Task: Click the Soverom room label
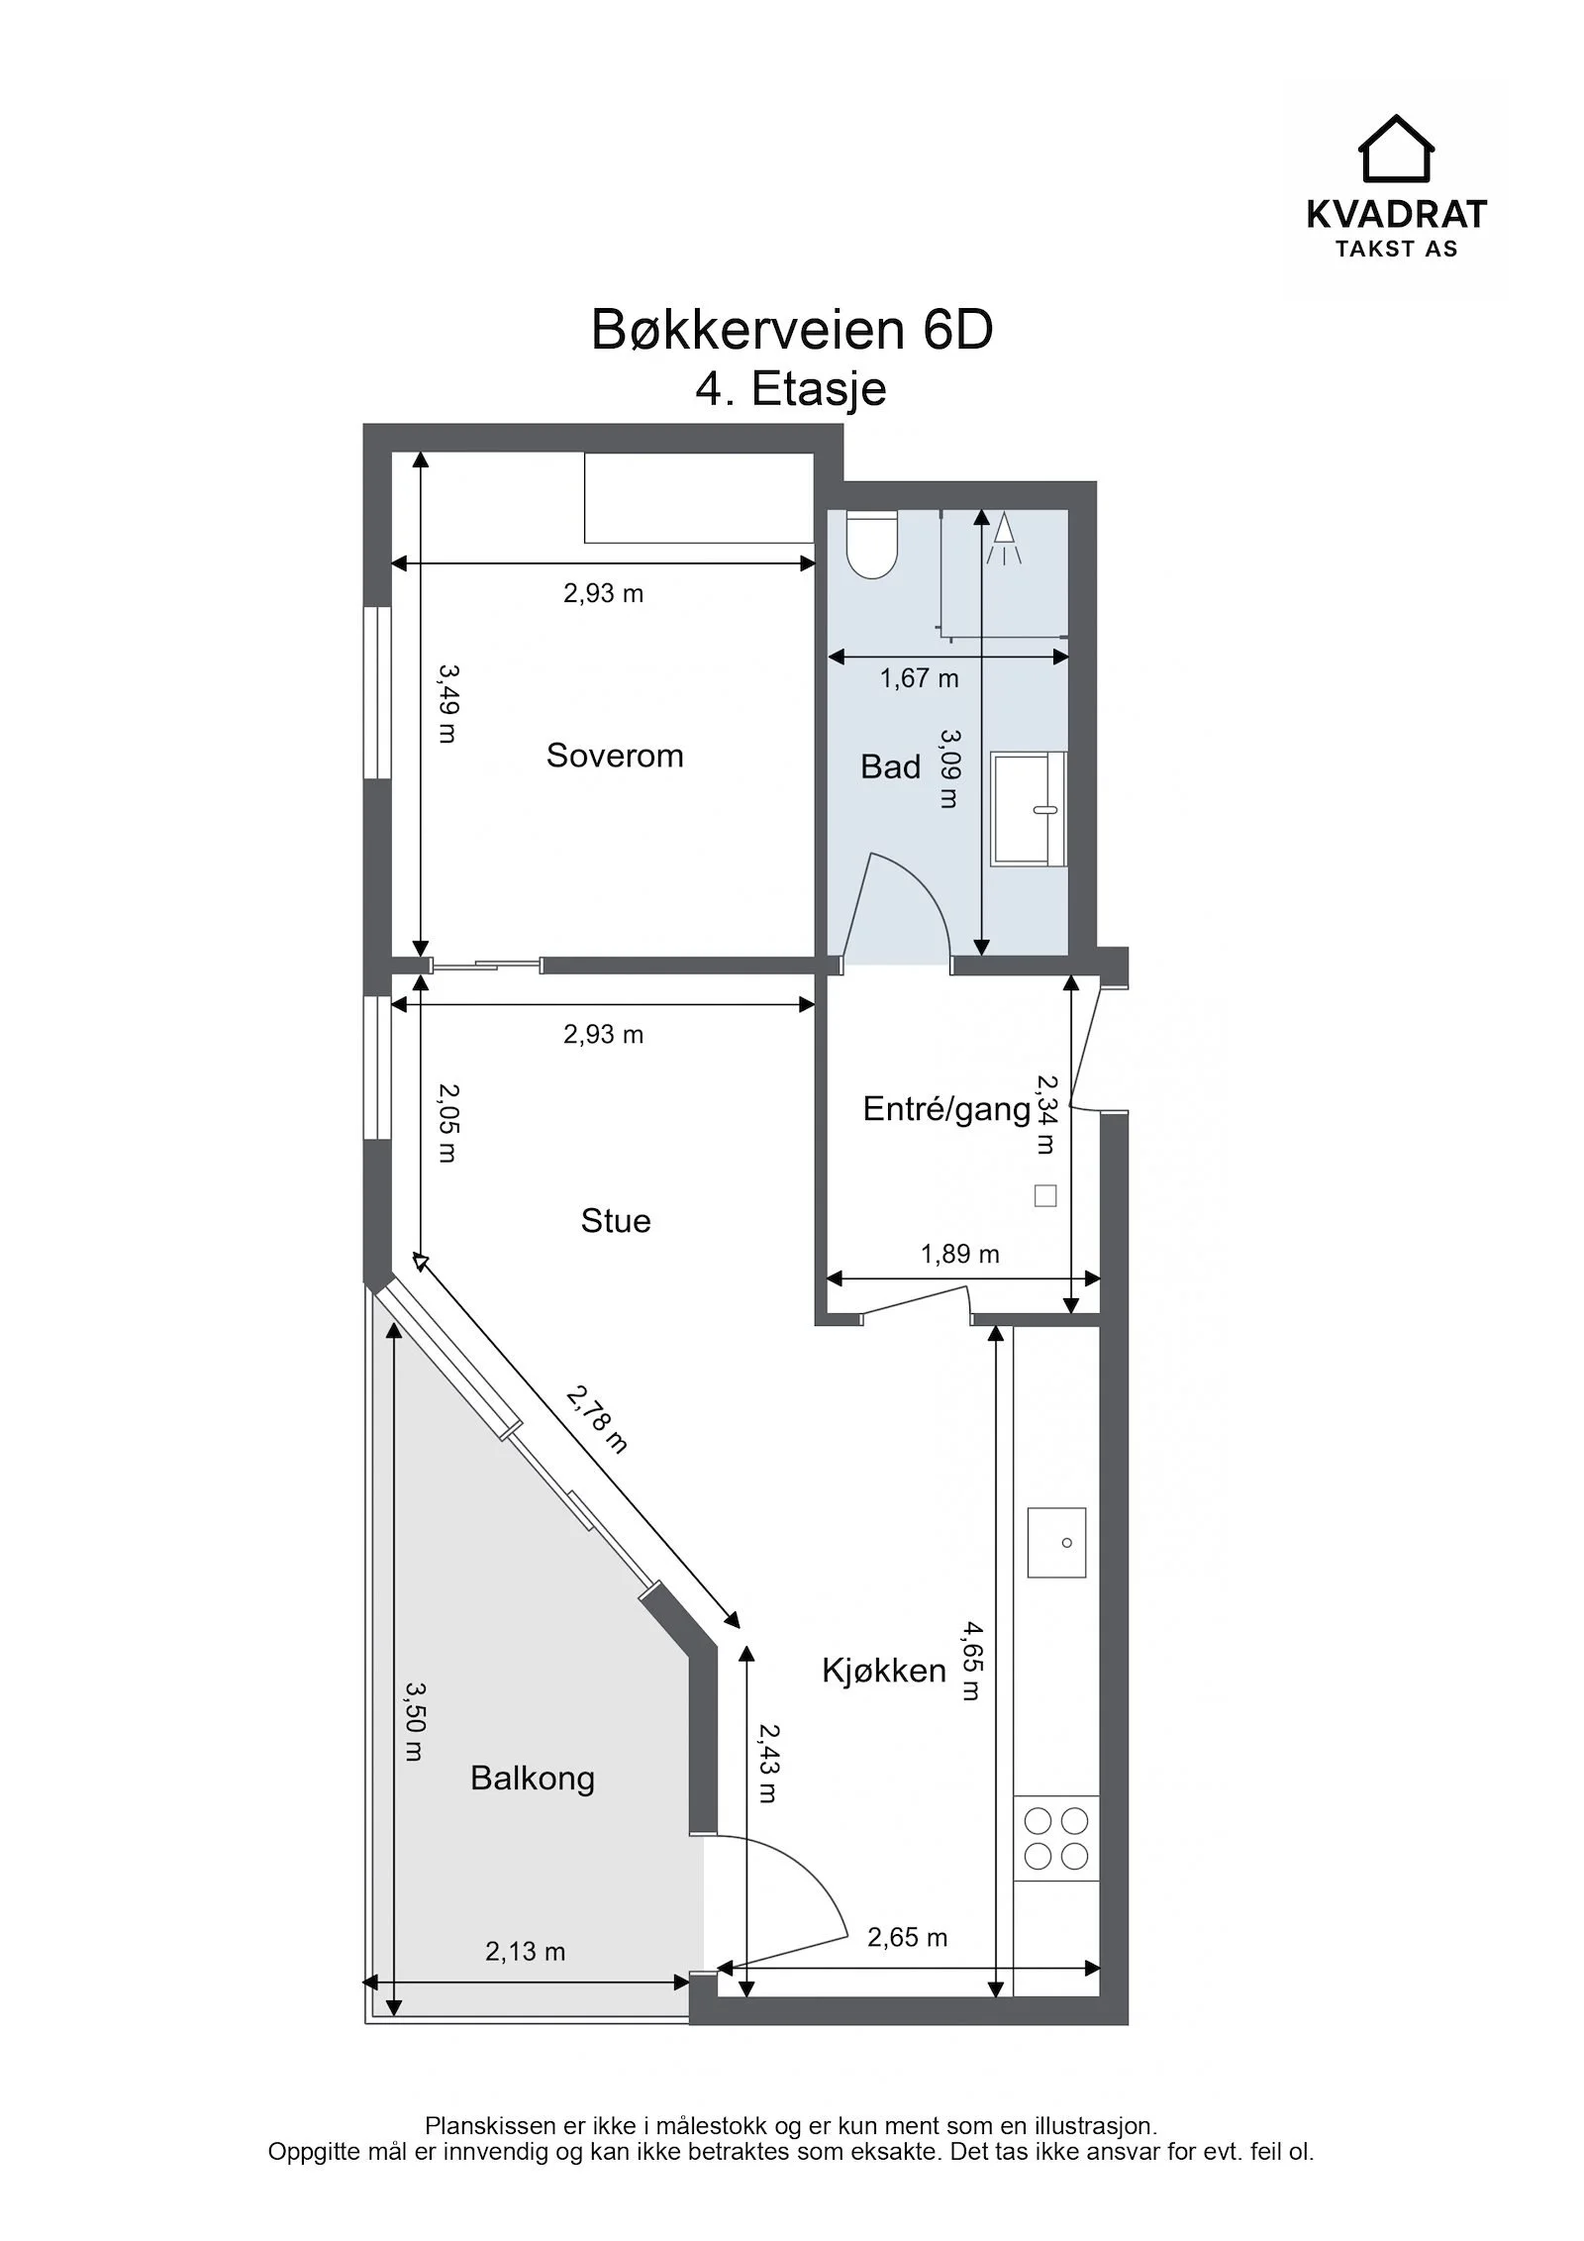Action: coord(615,756)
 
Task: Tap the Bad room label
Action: coord(890,766)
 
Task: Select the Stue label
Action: coord(616,1221)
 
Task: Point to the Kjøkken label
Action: coord(884,1672)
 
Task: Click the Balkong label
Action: coord(533,1779)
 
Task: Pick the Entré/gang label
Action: coord(947,1109)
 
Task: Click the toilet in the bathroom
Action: coord(872,544)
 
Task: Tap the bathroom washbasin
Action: coord(1029,809)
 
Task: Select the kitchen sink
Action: coord(1056,1543)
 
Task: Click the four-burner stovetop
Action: coord(1056,1839)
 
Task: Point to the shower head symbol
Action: coord(1004,539)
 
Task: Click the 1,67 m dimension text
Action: coord(920,678)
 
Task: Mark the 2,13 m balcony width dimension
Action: coord(526,1952)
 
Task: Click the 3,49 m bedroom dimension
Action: coord(447,703)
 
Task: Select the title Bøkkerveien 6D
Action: coord(792,331)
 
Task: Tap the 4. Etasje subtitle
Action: coord(791,389)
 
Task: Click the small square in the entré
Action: coord(1045,1195)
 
